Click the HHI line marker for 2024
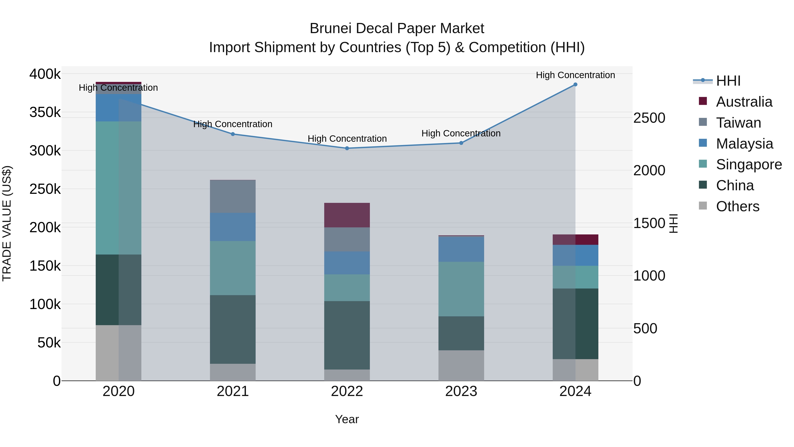pyautogui.click(x=575, y=85)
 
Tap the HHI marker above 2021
pyautogui.click(x=233, y=134)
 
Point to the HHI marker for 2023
pyautogui.click(x=461, y=143)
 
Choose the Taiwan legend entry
pyautogui.click(x=738, y=123)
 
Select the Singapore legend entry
pyautogui.click(x=749, y=164)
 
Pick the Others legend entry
pyautogui.click(x=738, y=206)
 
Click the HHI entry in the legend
pyautogui.click(x=728, y=81)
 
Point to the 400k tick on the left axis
pyautogui.click(x=45, y=74)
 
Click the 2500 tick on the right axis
pyautogui.click(x=649, y=118)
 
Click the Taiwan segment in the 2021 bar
pyautogui.click(x=233, y=196)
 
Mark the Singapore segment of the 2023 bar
pyautogui.click(x=461, y=289)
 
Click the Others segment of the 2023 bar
pyautogui.click(x=461, y=366)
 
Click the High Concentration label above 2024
pyautogui.click(x=575, y=75)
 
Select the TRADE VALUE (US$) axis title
pyautogui.click(x=7, y=223)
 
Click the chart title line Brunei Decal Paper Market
pyautogui.click(x=397, y=29)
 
